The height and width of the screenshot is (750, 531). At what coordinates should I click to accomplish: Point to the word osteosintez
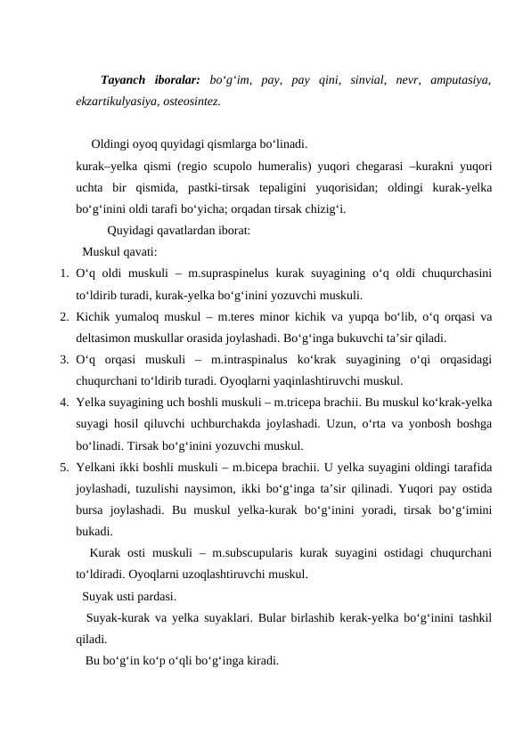point(192,102)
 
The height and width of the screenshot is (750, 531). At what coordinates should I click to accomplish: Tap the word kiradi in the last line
point(260,662)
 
